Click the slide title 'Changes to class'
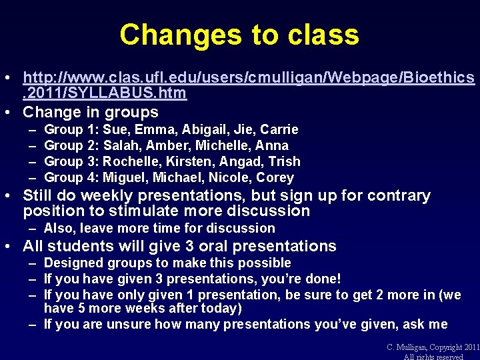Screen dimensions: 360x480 (x=239, y=35)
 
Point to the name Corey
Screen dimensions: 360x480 (x=276, y=177)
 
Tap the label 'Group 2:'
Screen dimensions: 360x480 (x=71, y=145)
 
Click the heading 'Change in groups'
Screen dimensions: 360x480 (x=91, y=112)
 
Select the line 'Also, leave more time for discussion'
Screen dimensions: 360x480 (x=159, y=228)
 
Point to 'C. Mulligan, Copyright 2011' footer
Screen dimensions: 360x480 (x=433, y=347)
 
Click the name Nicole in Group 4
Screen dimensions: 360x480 (x=233, y=177)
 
